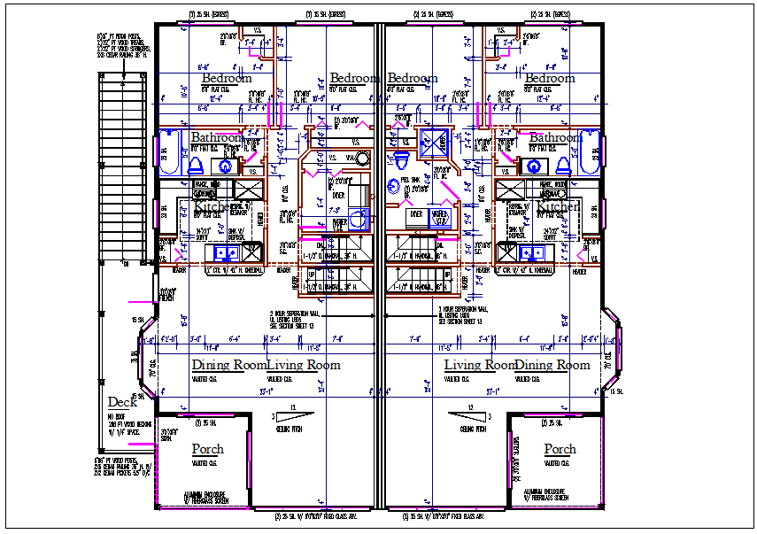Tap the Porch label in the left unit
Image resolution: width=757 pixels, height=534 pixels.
[208, 449]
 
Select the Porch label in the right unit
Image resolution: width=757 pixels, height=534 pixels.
[560, 449]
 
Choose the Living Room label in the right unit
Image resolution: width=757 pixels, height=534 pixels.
[479, 365]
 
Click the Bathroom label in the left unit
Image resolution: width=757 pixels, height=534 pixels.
[217, 138]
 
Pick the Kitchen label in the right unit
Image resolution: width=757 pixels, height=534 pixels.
[558, 206]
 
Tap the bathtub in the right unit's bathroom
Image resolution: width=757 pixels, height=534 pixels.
[591, 153]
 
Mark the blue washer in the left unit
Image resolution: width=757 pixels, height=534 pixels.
[358, 219]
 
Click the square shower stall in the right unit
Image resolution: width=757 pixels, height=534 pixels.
[434, 141]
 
